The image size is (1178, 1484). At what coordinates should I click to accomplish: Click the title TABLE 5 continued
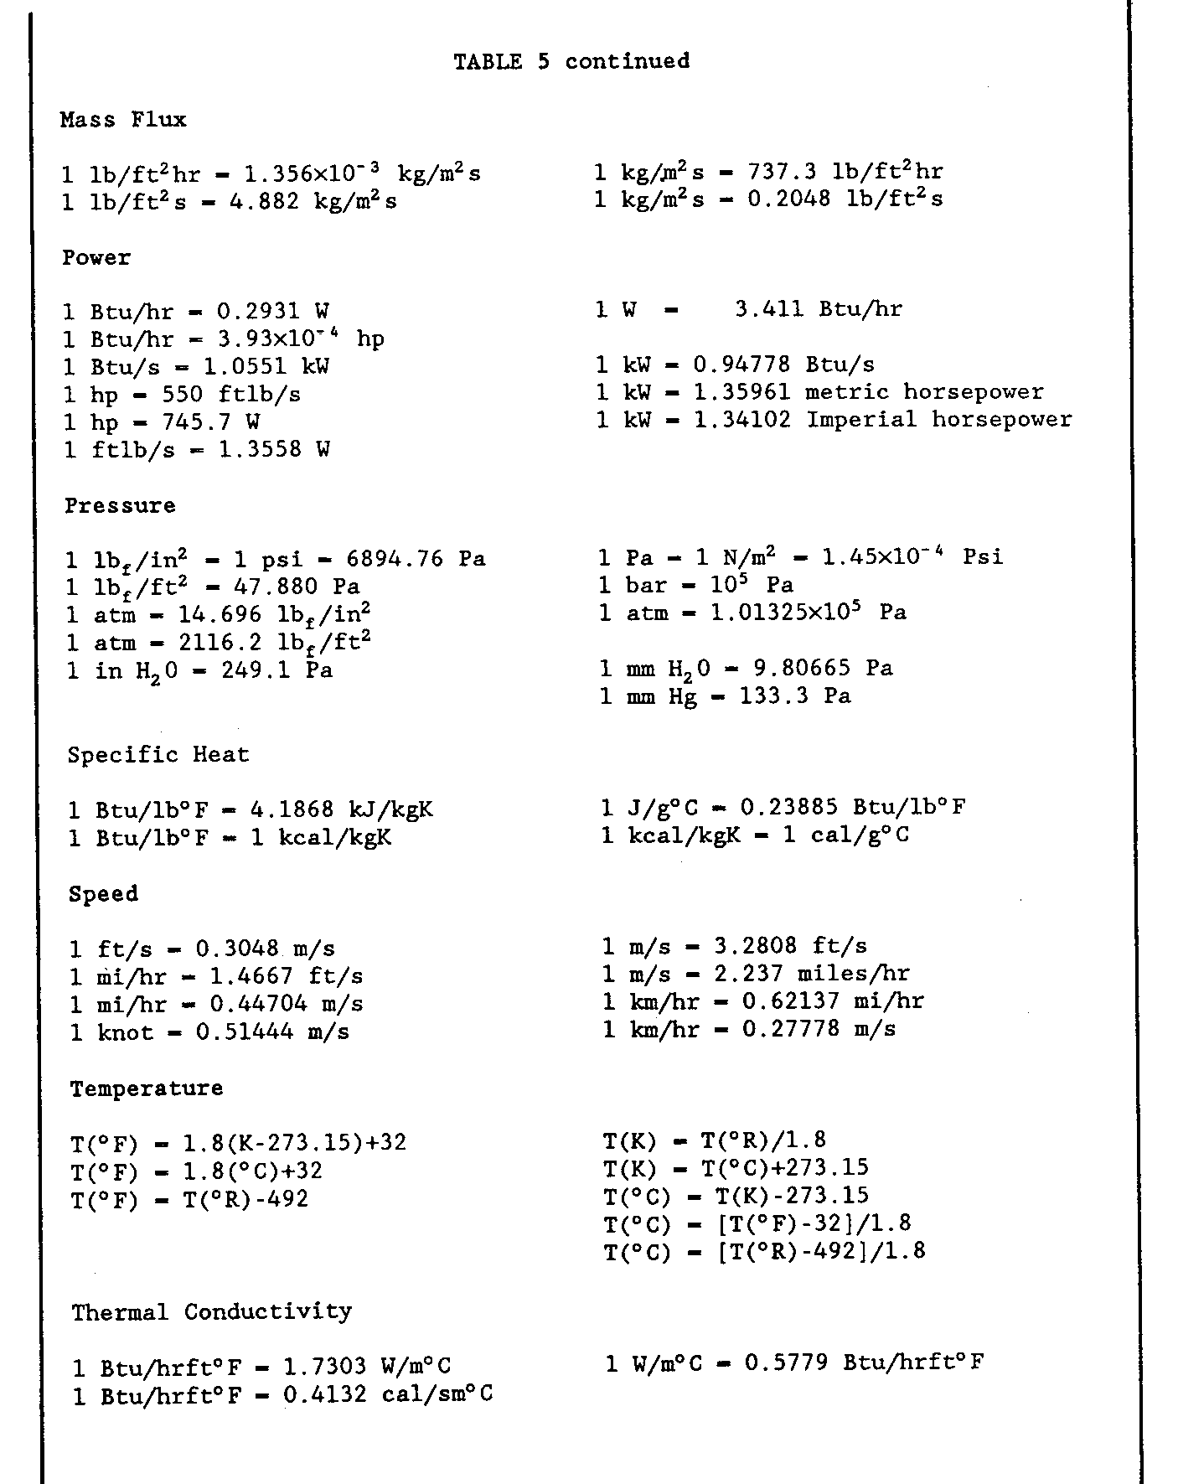(571, 62)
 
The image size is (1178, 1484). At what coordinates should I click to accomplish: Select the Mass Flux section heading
(123, 120)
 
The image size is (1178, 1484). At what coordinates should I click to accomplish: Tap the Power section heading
(96, 257)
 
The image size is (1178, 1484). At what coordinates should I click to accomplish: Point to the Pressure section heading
(121, 505)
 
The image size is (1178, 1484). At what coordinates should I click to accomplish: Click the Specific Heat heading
(158, 754)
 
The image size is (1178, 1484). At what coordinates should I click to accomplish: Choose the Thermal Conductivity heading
(211, 1311)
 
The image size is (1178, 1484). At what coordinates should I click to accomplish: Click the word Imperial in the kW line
(862, 419)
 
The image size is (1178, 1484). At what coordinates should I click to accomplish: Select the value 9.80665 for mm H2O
(788, 668)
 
